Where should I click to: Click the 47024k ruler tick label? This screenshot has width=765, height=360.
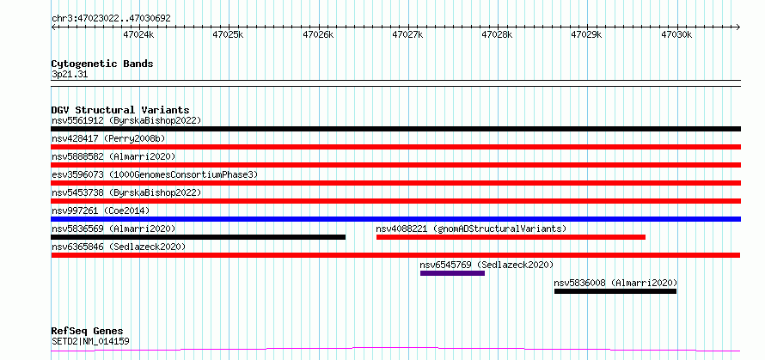coord(138,34)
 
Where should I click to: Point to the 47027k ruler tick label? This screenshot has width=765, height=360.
coord(407,34)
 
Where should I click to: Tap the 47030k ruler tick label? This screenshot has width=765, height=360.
coord(676,34)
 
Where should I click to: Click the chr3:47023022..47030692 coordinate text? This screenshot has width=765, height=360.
coord(111,19)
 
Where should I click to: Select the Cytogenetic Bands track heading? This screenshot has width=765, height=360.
coord(102,64)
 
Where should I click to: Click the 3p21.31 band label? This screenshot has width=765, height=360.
coord(70,75)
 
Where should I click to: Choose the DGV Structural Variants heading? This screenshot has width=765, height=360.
coord(120,110)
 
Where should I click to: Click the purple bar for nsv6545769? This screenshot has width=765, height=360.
coord(452,273)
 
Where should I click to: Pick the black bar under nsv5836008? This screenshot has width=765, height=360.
coord(615,291)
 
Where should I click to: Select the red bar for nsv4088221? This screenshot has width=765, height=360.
coord(511,237)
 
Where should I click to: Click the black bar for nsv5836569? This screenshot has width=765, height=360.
coord(198,237)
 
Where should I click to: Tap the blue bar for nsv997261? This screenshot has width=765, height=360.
coord(395,219)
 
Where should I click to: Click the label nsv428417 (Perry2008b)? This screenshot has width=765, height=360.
coord(108,138)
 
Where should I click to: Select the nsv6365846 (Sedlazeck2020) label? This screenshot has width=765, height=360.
coord(119,247)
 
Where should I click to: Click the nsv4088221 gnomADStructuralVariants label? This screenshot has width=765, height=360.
coord(471,229)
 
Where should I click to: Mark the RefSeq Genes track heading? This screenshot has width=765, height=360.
coord(88,332)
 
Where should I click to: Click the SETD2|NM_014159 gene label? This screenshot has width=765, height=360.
coord(90,341)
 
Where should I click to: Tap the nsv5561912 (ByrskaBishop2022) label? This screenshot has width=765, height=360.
coord(126,120)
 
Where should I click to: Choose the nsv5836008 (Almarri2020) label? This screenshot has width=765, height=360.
coord(615,283)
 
